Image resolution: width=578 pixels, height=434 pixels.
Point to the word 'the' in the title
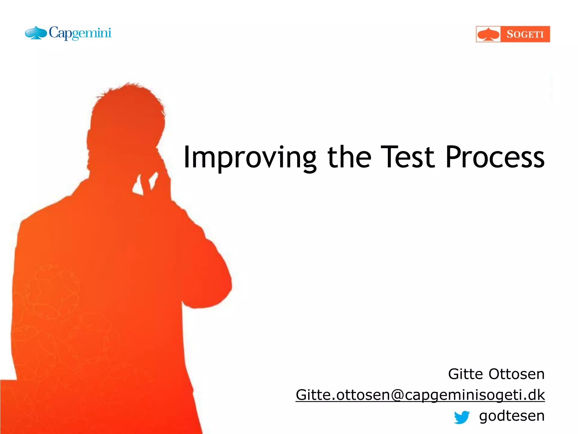349,157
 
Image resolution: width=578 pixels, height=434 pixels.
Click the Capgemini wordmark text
80,33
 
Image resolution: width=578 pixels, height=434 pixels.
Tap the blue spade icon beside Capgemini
36,33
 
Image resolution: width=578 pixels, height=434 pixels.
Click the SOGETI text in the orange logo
525,34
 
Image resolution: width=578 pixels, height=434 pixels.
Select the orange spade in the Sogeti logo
488,34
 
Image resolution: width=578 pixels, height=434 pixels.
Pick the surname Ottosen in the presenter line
516,374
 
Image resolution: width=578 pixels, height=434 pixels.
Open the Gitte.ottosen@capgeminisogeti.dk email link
420,395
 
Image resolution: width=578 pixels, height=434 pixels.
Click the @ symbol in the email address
398,395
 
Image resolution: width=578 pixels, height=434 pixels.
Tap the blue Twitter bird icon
462,417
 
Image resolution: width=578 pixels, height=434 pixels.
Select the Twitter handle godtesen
512,416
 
